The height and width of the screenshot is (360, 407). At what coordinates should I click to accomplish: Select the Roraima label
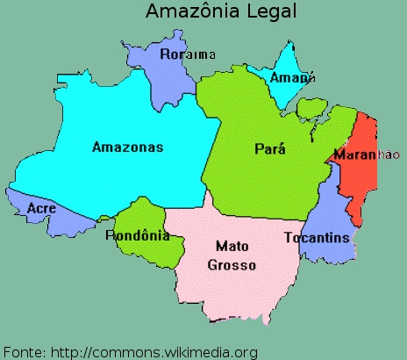click(x=188, y=54)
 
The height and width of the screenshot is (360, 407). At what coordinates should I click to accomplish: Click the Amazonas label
click(x=128, y=147)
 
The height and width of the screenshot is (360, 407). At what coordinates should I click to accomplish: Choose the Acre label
click(x=42, y=208)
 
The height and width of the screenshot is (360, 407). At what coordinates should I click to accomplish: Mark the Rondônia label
click(x=138, y=235)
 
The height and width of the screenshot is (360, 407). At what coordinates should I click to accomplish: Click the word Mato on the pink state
click(x=232, y=248)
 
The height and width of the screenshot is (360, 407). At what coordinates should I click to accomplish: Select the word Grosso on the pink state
click(x=232, y=264)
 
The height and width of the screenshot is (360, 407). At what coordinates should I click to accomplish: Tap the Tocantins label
click(x=317, y=238)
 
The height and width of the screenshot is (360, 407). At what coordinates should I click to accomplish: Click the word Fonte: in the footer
click(x=24, y=352)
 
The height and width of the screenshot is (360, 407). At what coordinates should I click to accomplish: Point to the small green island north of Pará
click(x=311, y=109)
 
